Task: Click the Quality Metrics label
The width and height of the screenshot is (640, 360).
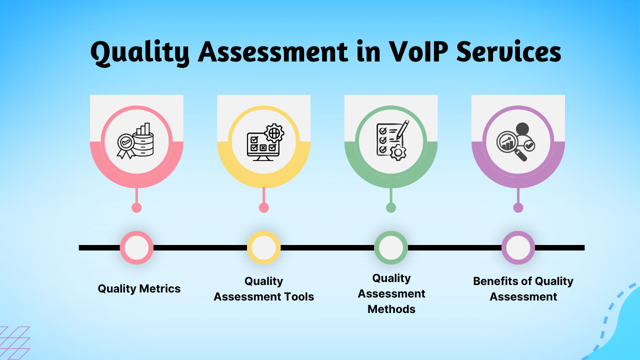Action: (x=139, y=288)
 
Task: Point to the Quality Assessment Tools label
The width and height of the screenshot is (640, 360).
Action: (x=264, y=289)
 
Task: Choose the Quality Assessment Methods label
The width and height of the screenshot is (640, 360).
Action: (x=391, y=293)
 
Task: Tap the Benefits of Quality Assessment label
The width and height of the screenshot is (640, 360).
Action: (x=523, y=289)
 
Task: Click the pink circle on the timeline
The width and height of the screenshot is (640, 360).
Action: (x=136, y=247)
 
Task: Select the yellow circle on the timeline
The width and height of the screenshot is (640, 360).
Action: (x=264, y=247)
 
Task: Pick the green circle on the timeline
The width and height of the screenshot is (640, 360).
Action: (x=391, y=247)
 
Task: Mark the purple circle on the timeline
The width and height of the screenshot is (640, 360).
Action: (x=518, y=247)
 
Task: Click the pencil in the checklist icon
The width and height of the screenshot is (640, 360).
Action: (x=402, y=129)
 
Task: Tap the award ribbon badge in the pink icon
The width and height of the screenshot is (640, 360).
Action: (x=125, y=144)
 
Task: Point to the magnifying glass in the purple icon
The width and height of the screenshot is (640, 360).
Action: (x=509, y=145)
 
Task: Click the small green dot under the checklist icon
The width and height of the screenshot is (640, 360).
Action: (x=391, y=207)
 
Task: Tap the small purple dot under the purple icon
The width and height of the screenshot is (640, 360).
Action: (x=518, y=207)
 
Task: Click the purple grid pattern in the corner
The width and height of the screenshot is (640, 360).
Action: (x=14, y=343)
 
